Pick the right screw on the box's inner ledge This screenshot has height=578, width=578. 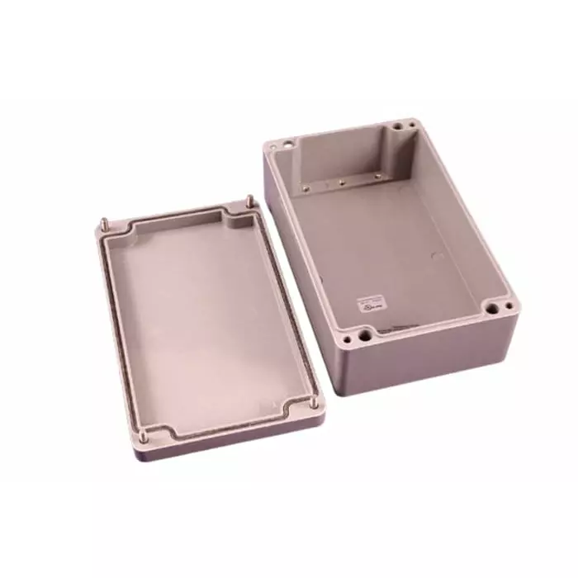point(377,176)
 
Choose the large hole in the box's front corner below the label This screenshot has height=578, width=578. point(362,338)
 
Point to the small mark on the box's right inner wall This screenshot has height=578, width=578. point(438,256)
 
